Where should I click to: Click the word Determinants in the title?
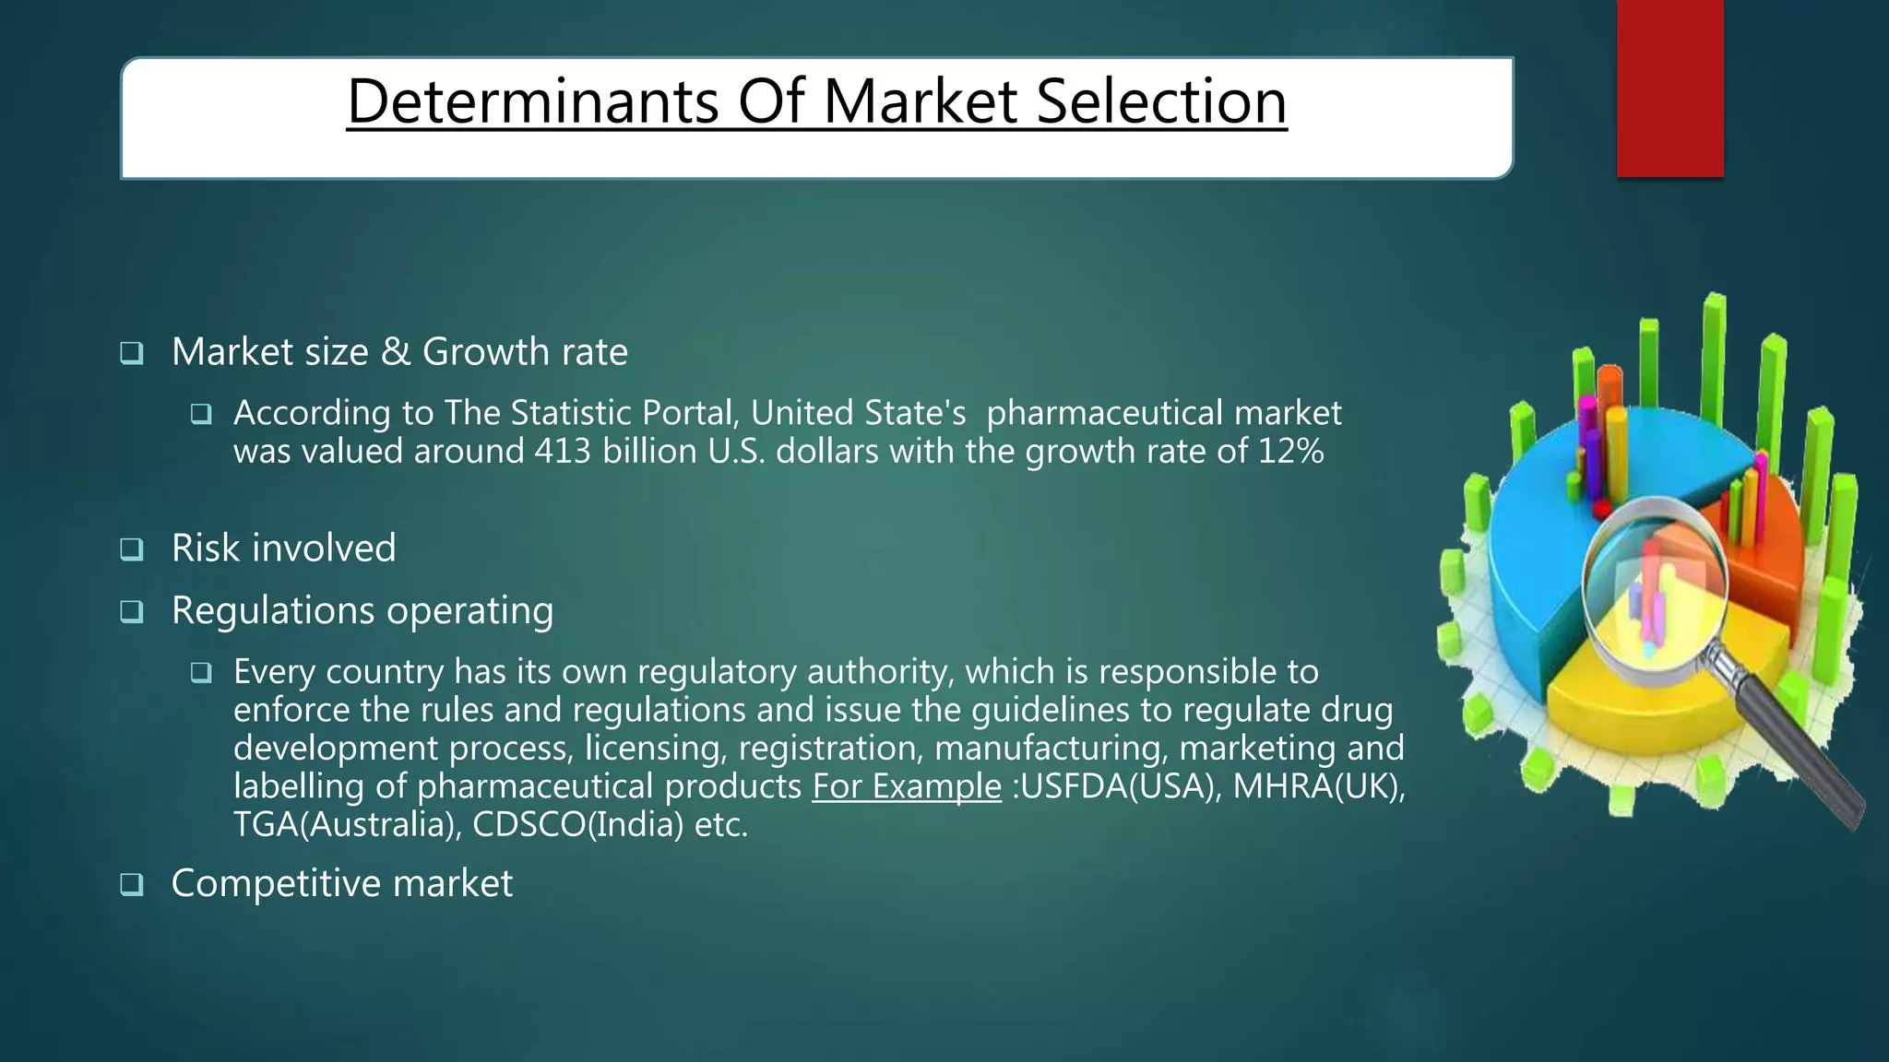[532, 101]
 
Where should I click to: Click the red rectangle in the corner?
[1669, 88]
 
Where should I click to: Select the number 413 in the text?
[562, 452]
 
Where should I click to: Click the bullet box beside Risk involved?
[132, 550]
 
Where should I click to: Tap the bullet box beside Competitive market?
[132, 886]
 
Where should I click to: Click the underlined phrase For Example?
[906, 786]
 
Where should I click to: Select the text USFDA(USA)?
[1120, 786]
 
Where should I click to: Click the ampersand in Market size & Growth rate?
[395, 352]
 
